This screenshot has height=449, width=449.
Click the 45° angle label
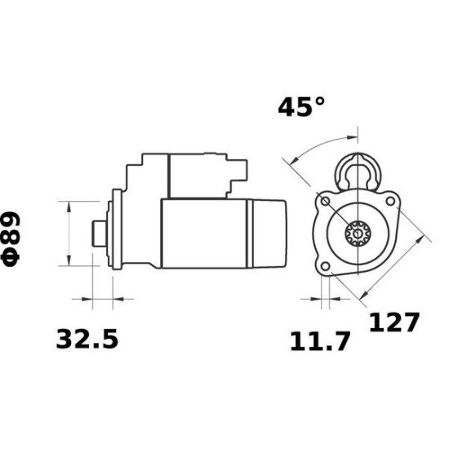tap(300, 107)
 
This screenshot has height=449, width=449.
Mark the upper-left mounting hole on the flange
tap(326, 200)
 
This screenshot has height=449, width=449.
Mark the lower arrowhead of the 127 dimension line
tap(360, 296)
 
